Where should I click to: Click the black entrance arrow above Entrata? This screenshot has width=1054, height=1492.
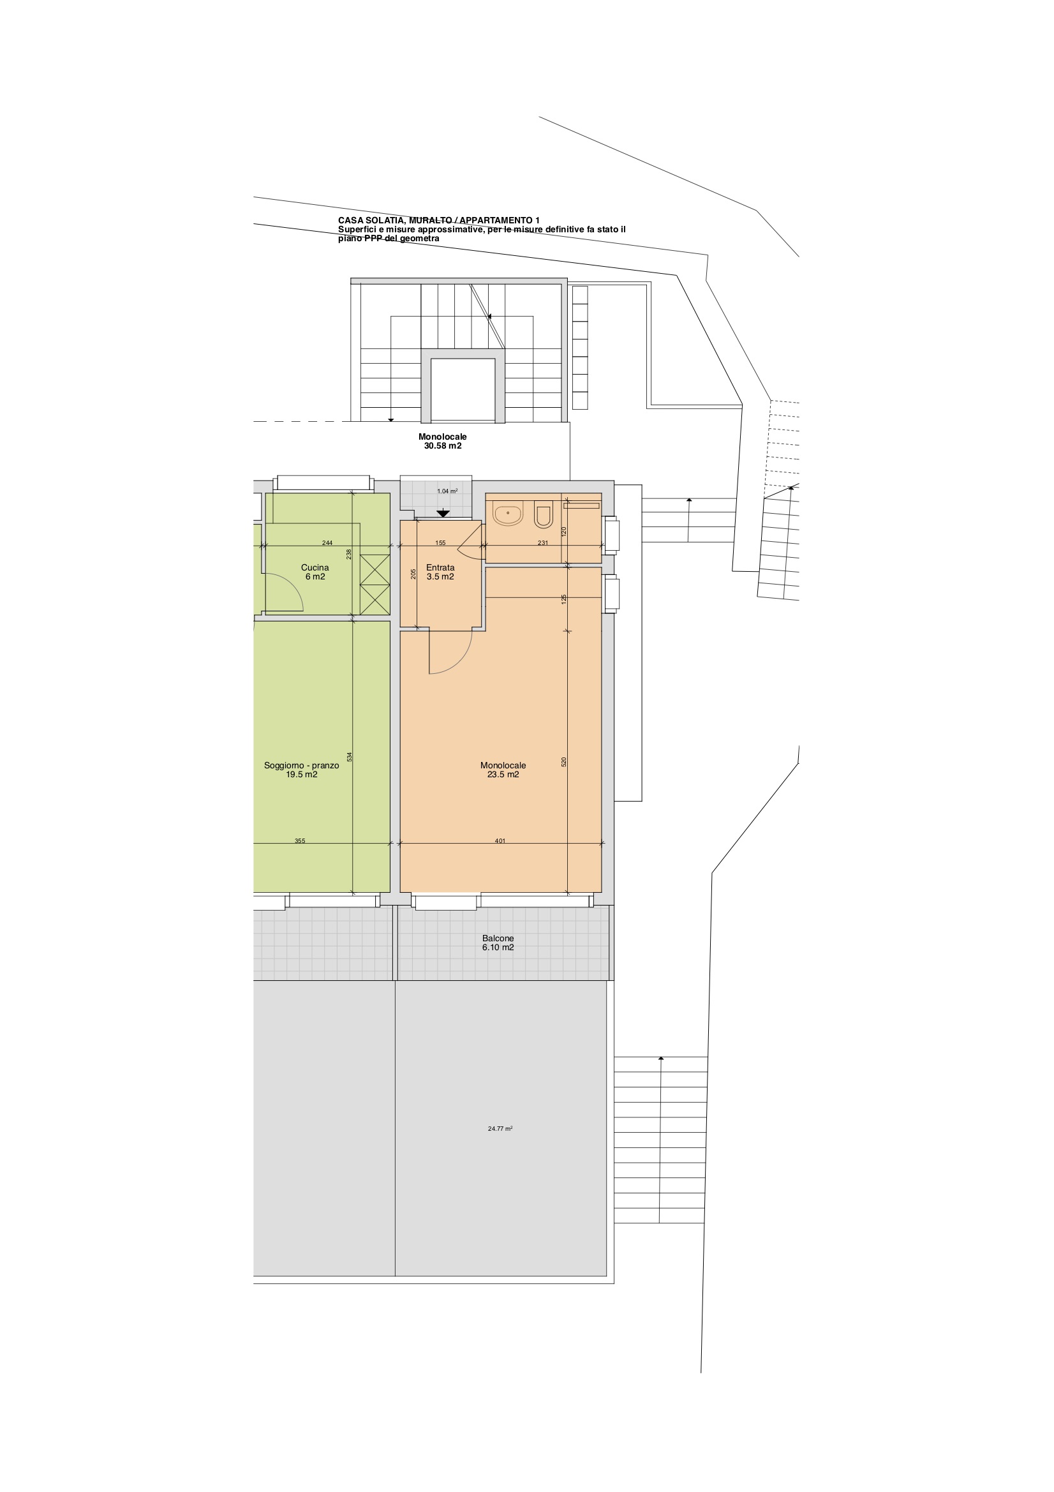(443, 513)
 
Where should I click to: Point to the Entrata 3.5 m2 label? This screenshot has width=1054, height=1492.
(440, 572)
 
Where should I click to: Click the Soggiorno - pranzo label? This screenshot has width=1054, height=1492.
(302, 770)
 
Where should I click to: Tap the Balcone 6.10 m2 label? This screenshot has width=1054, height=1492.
(498, 943)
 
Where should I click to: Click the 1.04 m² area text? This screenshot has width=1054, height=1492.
(447, 491)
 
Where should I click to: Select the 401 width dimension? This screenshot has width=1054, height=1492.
(500, 841)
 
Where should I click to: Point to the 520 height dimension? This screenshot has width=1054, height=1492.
(564, 761)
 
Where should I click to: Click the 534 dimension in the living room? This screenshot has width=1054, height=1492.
(349, 757)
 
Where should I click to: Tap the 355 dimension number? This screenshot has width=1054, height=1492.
(300, 841)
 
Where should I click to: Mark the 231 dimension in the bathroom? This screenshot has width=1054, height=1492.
(543, 543)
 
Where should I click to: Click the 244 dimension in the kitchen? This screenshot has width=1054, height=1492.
(327, 543)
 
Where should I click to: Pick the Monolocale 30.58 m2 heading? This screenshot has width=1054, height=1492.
(443, 442)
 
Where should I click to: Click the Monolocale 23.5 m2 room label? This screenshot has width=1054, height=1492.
(503, 770)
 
